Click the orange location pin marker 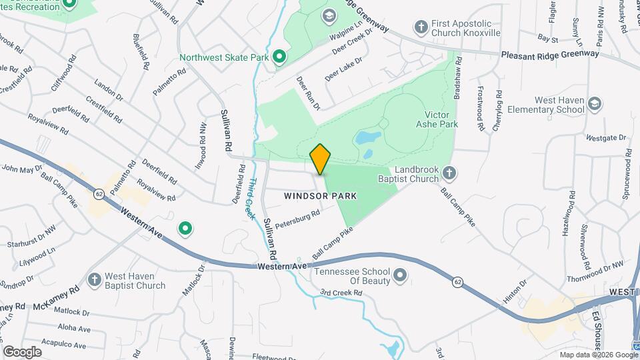(321, 159)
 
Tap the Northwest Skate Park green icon (279, 57)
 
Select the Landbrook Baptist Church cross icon (449, 173)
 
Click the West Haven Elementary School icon (594, 104)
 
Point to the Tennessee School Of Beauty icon (400, 275)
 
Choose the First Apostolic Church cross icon (421, 27)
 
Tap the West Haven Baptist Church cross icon (94, 279)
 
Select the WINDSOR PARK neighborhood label (320, 196)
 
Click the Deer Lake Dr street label (343, 69)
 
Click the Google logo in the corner (22, 351)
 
